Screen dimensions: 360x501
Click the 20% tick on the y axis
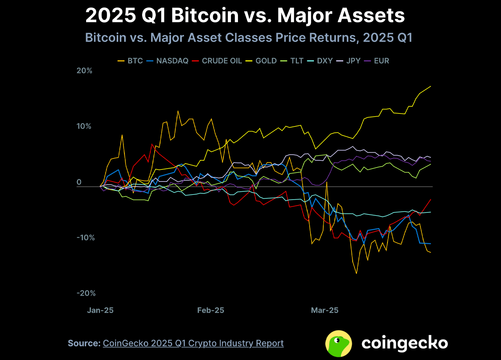coord(84,71)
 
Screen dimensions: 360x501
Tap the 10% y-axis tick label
coord(83,126)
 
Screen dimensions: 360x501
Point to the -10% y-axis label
coord(85,238)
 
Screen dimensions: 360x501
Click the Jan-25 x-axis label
coord(100,310)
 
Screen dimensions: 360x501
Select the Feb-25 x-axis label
coord(211,310)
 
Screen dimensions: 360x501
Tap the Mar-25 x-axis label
coord(324,310)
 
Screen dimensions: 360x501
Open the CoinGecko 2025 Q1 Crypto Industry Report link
coord(193,343)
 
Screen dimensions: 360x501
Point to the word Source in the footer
coord(83,343)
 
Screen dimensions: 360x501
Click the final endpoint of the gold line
coord(431,86)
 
